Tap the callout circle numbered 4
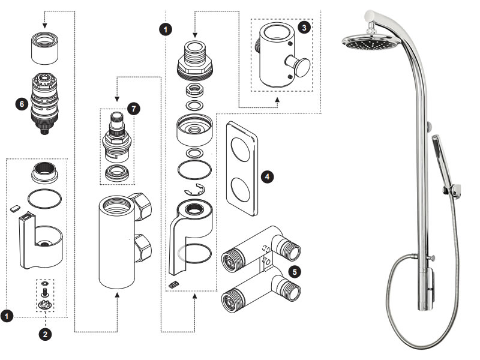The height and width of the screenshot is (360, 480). click(x=268, y=177)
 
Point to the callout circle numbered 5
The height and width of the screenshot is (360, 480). click(x=295, y=271)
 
